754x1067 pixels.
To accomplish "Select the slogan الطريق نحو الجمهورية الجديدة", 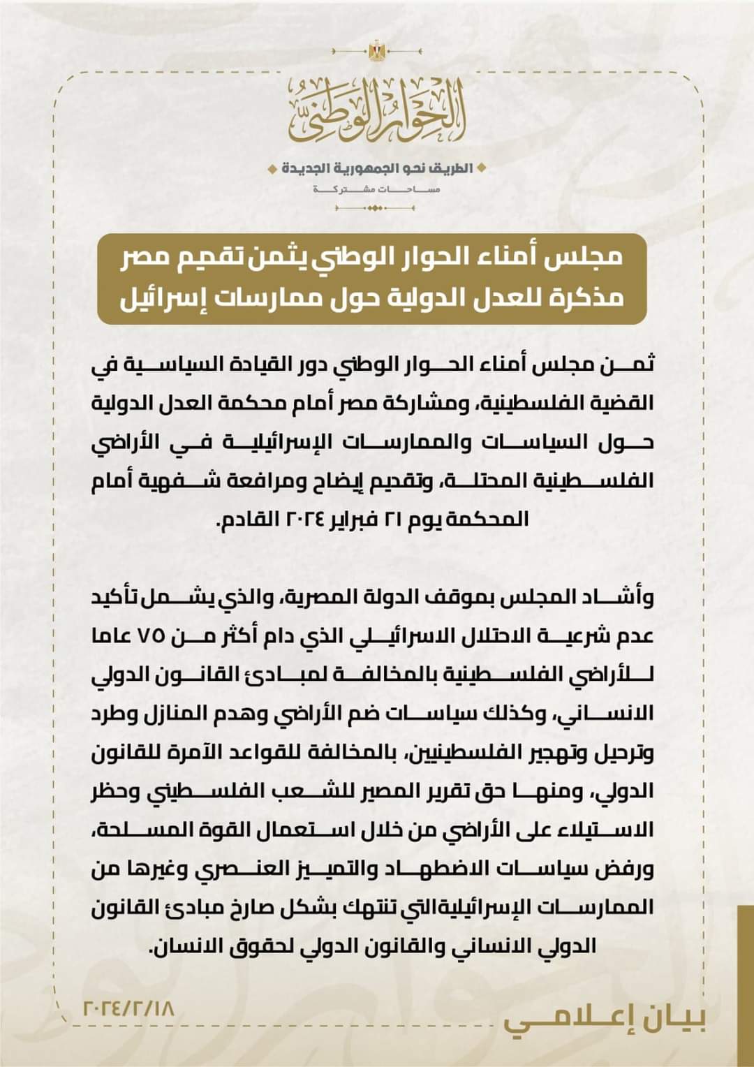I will pos(377,169).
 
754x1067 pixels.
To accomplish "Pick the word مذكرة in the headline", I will pos(591,298).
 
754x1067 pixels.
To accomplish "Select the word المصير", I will pos(387,791).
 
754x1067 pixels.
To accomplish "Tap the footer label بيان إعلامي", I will pos(605,1020).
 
